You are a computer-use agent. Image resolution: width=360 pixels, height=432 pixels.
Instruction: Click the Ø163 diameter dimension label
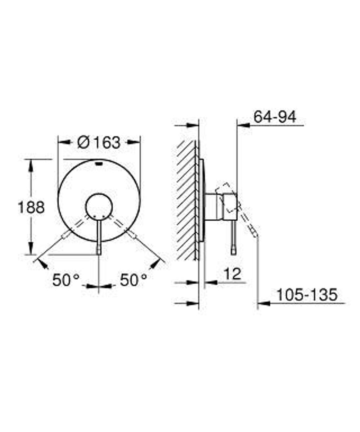(99, 143)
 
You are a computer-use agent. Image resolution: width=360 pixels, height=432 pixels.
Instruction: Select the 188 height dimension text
(31, 207)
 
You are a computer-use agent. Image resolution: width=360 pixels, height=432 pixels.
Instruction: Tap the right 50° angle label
(133, 280)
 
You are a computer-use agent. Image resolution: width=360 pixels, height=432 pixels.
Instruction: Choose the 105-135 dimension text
(306, 295)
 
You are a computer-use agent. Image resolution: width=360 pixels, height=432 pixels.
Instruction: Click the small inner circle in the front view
(99, 207)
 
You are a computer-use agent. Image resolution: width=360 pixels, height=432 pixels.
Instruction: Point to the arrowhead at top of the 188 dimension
(31, 164)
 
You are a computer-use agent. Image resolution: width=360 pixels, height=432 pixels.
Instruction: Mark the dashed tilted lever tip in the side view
(254, 233)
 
